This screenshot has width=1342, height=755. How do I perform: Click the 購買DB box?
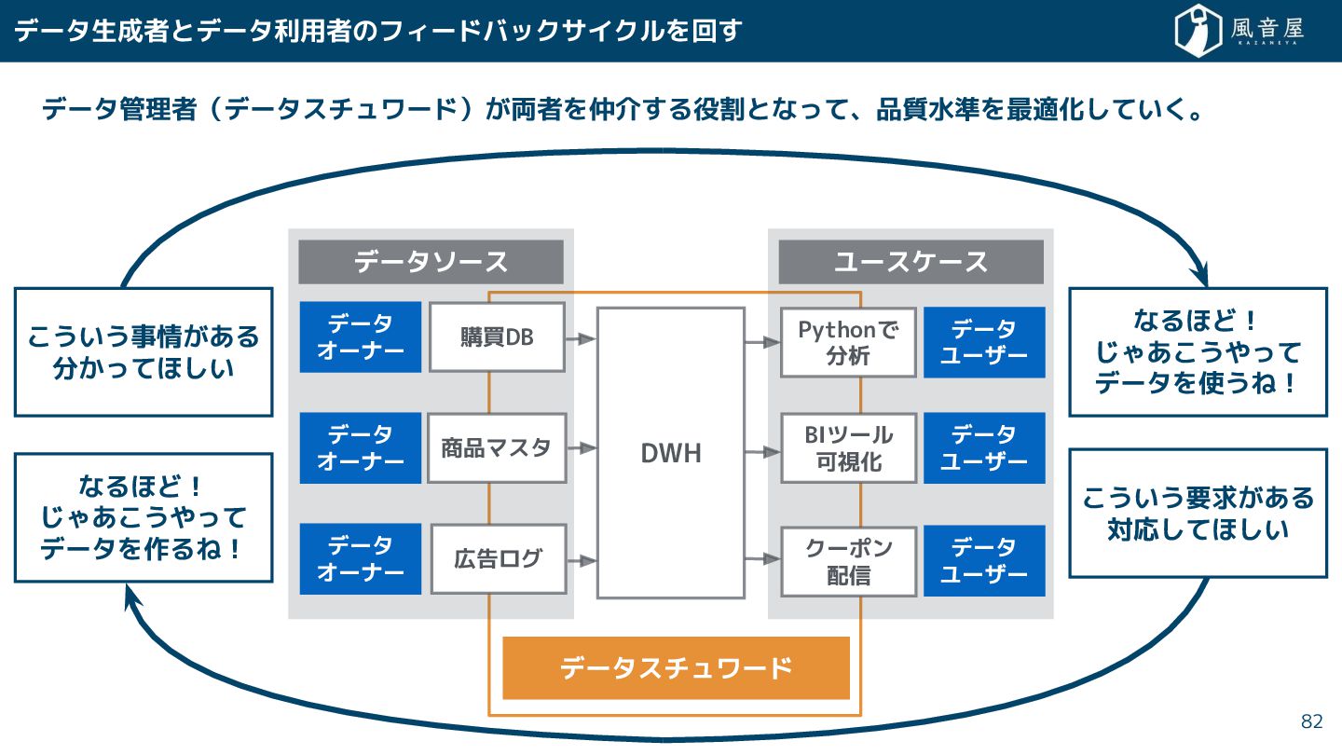497,336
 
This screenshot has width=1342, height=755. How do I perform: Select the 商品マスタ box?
497,448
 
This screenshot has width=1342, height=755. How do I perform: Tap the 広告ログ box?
497,559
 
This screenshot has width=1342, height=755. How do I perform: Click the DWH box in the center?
671,453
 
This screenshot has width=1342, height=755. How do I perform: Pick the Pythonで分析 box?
848,342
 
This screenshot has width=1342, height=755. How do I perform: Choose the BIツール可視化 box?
848,448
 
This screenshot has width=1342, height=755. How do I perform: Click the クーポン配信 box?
848,562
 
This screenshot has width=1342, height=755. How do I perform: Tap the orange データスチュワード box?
676,668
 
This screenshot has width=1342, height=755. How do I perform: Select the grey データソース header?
431,262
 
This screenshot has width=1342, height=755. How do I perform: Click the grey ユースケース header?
911,262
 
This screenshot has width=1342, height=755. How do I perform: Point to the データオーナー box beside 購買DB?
361,336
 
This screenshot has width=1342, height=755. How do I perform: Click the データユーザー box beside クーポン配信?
984,561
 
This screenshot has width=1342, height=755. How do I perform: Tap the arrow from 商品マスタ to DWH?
582,448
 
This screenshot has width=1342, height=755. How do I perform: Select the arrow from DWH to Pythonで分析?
762,342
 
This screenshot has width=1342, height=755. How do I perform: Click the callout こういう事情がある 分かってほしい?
144,351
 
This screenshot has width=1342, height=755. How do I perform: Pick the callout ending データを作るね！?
144,517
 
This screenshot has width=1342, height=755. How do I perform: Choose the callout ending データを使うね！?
1198,351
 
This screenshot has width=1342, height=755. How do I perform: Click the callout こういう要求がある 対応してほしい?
1198,514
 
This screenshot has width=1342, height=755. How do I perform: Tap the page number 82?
1311,721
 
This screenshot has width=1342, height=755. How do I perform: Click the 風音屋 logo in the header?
1239,31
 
